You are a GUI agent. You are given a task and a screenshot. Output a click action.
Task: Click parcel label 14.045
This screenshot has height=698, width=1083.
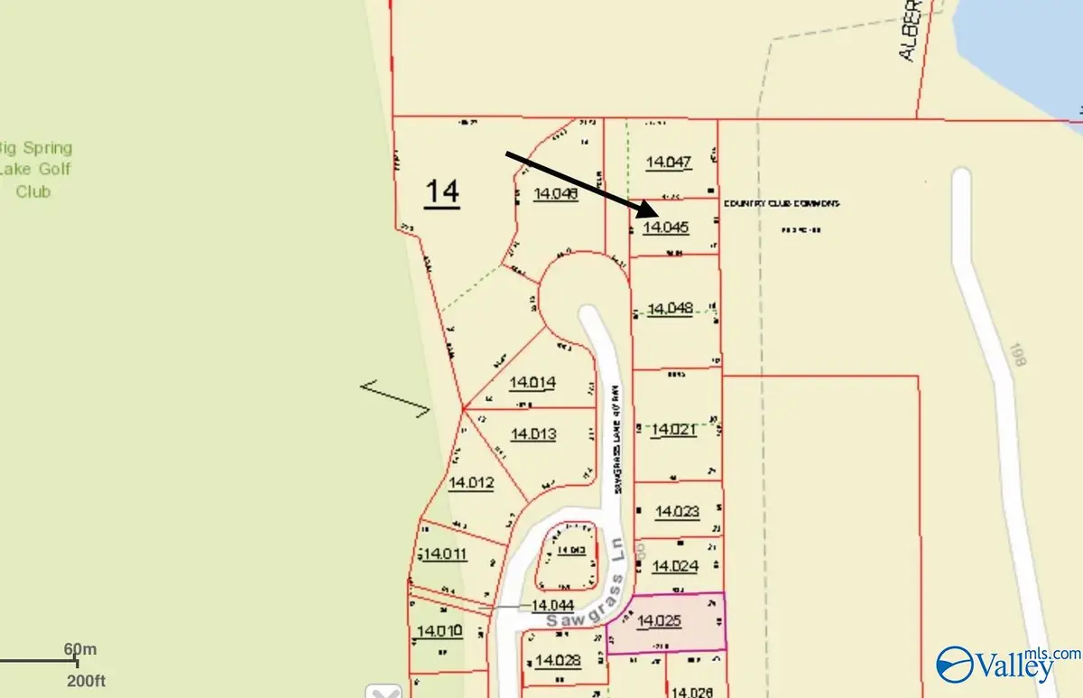click(665, 228)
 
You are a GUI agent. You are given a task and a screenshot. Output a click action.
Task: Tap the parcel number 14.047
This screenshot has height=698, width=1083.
click(669, 163)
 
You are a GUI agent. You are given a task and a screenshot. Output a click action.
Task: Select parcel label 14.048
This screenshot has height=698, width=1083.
click(670, 309)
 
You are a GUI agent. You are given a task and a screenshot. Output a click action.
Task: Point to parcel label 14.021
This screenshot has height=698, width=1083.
click(674, 428)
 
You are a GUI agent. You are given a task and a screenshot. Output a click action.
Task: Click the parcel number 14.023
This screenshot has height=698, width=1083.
click(677, 512)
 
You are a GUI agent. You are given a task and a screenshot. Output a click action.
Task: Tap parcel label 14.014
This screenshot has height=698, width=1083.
click(532, 382)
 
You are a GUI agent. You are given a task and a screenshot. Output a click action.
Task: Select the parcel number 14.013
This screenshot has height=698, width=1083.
click(533, 433)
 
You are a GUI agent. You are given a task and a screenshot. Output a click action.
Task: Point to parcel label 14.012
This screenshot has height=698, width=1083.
click(471, 483)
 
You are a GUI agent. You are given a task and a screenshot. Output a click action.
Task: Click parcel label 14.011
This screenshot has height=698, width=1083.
click(443, 554)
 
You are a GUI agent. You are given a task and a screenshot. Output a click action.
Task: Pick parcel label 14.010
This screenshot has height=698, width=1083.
click(438, 630)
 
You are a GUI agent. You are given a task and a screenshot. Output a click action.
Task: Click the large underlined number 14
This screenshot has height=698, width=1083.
click(442, 192)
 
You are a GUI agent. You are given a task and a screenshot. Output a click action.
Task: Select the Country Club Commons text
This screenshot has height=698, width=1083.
click(782, 204)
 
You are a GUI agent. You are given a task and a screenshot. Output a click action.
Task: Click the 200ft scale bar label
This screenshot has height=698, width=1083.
click(79, 680)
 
